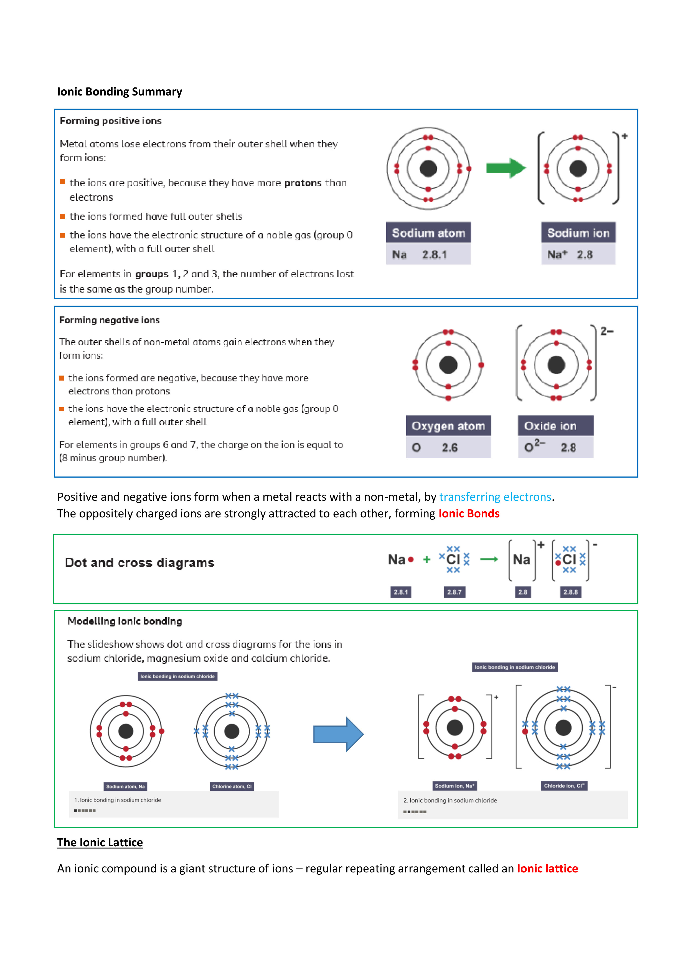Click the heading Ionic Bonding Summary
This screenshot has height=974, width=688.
tap(120, 92)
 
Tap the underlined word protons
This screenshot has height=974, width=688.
tap(303, 183)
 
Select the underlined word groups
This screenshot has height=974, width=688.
tap(152, 274)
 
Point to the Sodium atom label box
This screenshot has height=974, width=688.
tap(428, 233)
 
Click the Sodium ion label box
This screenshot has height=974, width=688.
tap(578, 233)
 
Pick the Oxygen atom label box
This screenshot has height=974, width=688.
tap(448, 426)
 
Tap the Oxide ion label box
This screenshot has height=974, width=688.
tap(555, 426)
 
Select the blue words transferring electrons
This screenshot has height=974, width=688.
tap(495, 497)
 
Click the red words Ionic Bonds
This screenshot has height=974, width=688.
tap(469, 514)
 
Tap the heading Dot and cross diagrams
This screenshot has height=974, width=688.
tap(139, 563)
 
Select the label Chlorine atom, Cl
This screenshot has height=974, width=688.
tap(232, 786)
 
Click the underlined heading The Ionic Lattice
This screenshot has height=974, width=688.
tap(100, 842)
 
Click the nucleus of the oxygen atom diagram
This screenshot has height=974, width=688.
tap(448, 365)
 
